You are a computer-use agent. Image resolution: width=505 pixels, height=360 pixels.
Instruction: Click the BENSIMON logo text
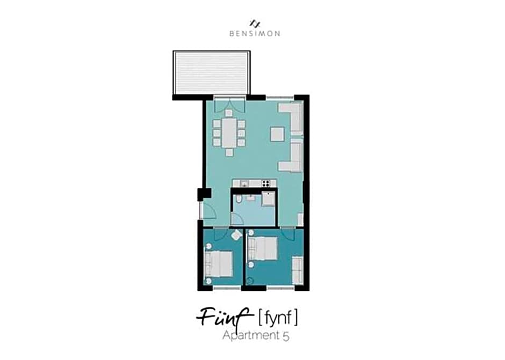[255, 33]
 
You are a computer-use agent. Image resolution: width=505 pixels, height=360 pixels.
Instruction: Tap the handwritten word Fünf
[223, 317]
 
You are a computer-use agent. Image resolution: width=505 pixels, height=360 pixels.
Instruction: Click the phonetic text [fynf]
[278, 317]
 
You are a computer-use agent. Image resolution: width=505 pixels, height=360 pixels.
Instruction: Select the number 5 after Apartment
[286, 336]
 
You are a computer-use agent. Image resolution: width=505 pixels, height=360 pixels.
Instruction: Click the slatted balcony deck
[212, 73]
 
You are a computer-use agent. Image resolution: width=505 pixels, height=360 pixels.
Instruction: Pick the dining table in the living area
[229, 133]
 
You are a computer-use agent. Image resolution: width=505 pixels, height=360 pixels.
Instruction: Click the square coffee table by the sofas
[277, 134]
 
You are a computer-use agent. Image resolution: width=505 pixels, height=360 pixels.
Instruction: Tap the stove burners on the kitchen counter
[266, 183]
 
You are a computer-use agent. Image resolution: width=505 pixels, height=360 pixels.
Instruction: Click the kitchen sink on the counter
[244, 183]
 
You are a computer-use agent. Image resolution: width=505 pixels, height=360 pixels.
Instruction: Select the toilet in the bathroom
[239, 200]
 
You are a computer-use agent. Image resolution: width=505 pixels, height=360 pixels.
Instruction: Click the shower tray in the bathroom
[268, 199]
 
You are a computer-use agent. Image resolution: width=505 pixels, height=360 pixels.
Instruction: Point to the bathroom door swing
[237, 220]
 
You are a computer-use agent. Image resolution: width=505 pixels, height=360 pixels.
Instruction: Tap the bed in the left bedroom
[219, 263]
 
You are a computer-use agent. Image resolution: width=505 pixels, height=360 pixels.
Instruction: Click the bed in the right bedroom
[263, 249]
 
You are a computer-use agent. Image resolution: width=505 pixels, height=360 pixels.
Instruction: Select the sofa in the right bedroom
[298, 270]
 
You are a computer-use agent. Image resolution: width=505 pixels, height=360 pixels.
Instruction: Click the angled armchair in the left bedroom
[236, 234]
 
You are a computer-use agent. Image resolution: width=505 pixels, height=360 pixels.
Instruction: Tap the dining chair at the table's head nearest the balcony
[229, 113]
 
